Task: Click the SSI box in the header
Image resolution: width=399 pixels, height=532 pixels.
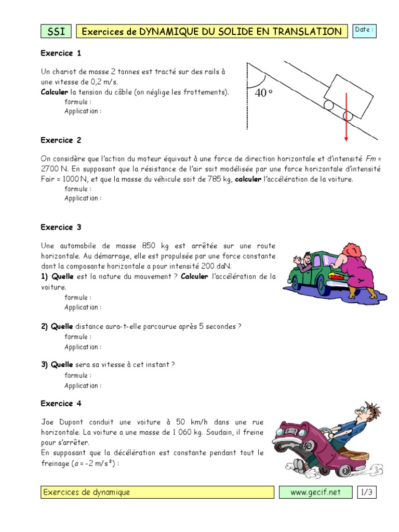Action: (56, 32)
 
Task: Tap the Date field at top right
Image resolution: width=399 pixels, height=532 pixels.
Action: (364, 31)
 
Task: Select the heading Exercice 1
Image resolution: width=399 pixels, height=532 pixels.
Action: (61, 53)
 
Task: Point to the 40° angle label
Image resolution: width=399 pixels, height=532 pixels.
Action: (264, 94)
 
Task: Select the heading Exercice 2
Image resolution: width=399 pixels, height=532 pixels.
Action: (61, 140)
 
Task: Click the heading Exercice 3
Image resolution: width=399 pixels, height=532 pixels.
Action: (61, 227)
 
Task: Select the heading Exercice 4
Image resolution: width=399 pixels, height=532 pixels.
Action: (61, 403)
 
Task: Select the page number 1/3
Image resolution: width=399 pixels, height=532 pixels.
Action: (366, 492)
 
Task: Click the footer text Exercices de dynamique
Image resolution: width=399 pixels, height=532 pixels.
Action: (87, 492)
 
